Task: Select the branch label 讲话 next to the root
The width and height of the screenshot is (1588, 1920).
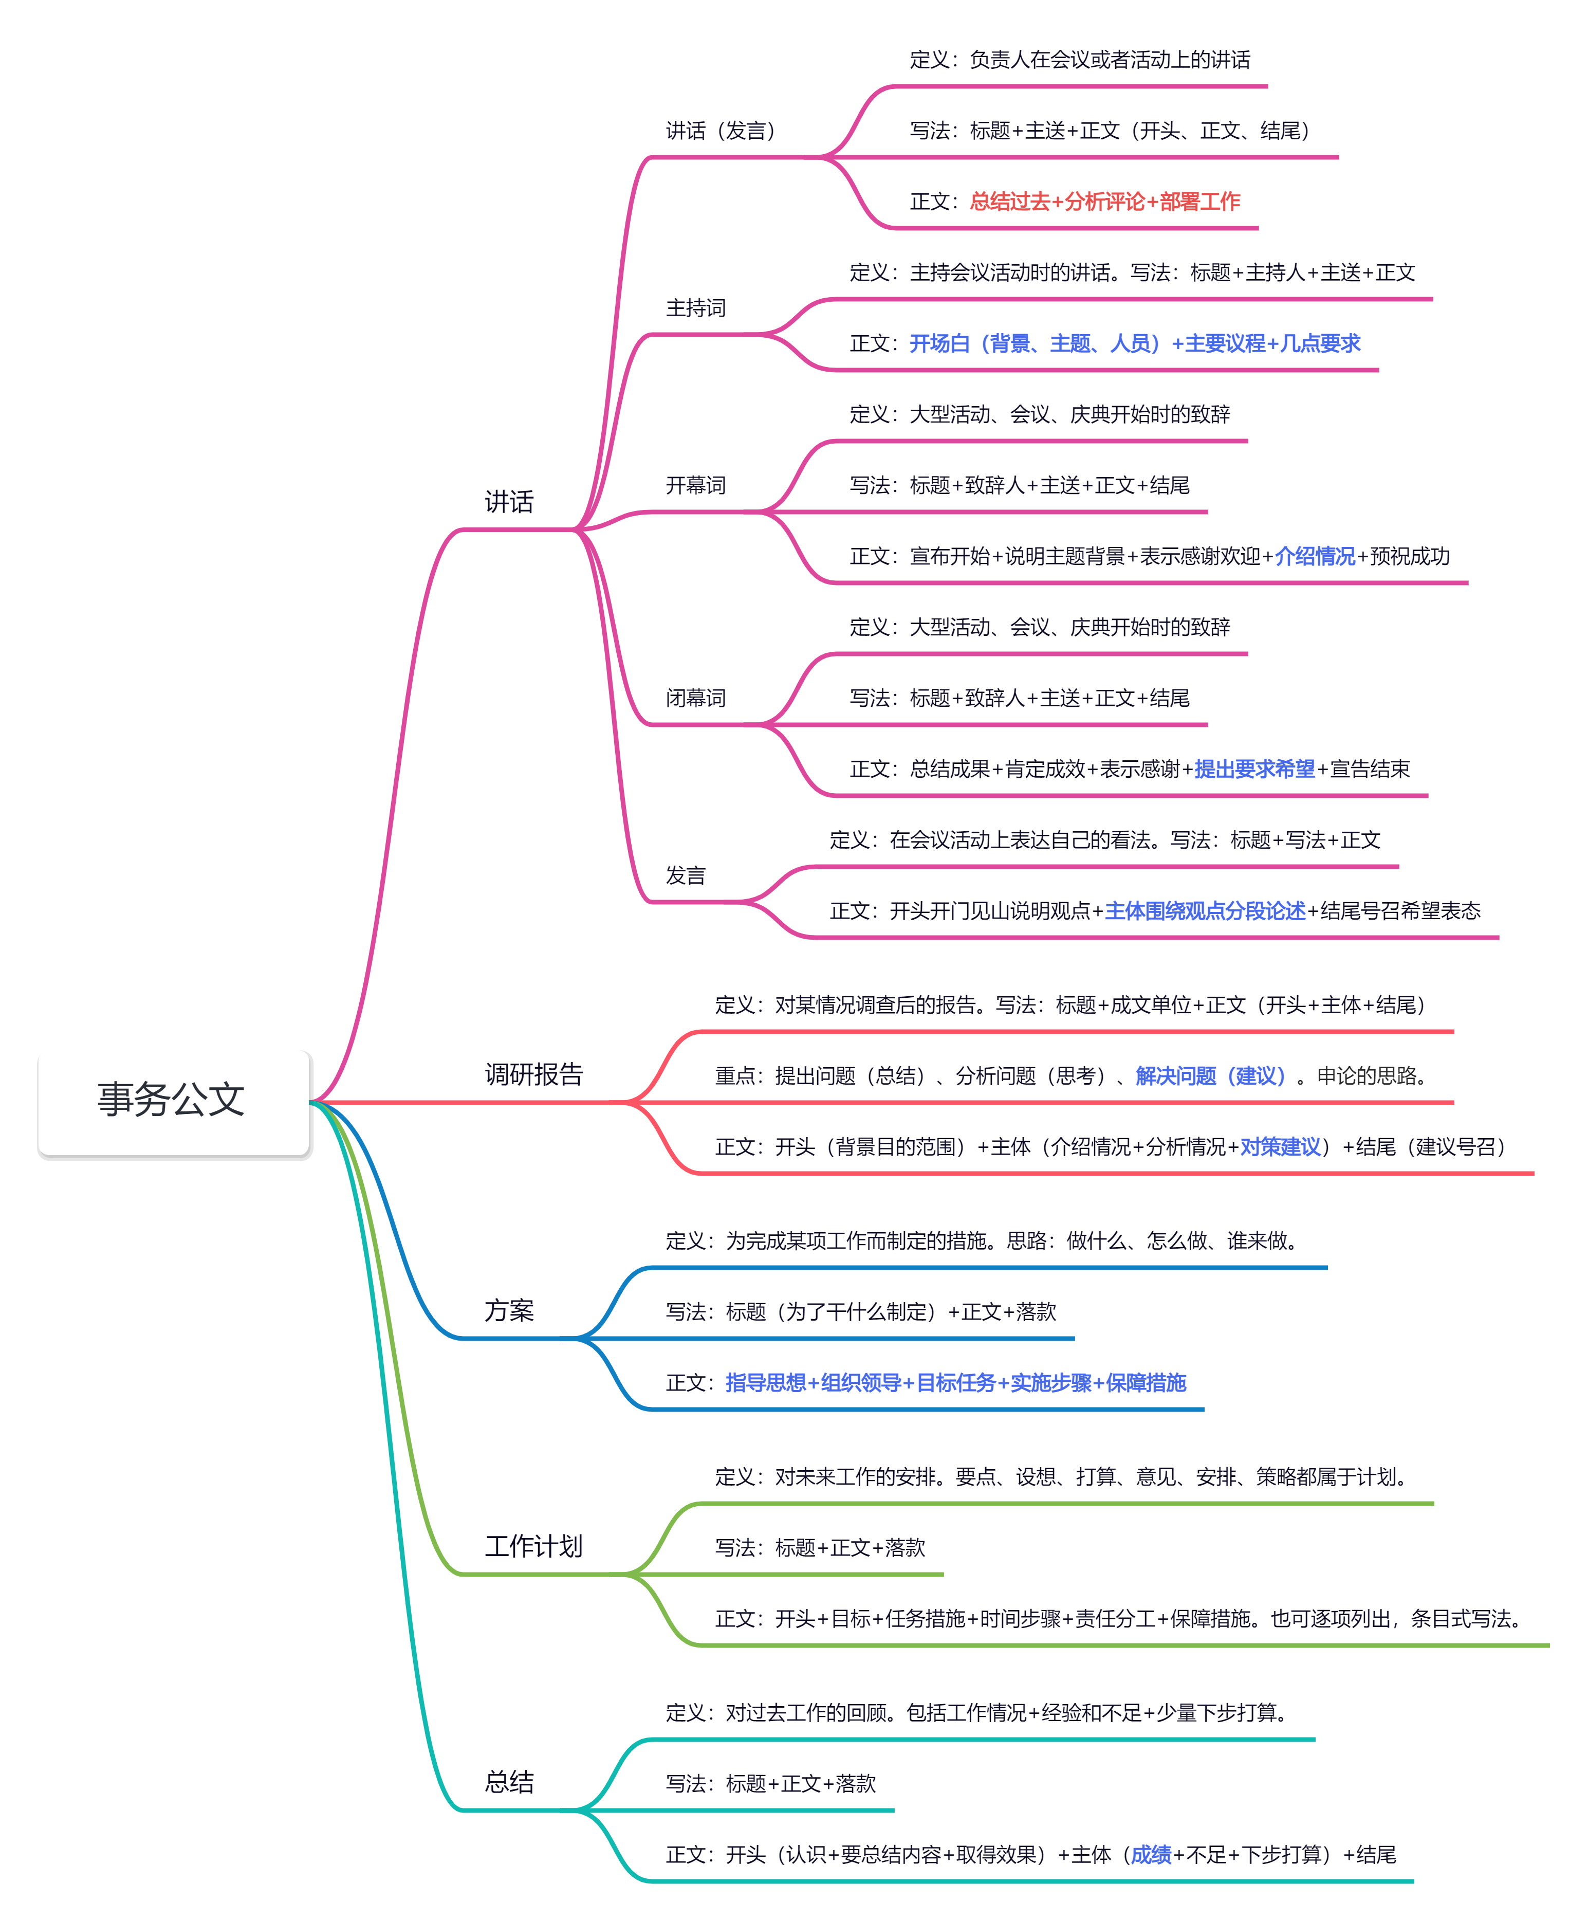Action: pyautogui.click(x=508, y=502)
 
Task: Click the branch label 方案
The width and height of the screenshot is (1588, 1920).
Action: pyautogui.click(x=508, y=1310)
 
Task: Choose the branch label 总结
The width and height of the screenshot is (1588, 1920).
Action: pyautogui.click(x=508, y=1782)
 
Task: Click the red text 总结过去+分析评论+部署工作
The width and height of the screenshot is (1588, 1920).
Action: pyautogui.click(x=1104, y=201)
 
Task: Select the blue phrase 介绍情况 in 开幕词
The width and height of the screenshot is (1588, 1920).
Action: pyautogui.click(x=1315, y=556)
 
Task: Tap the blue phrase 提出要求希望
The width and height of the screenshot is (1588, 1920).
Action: pyautogui.click(x=1254, y=769)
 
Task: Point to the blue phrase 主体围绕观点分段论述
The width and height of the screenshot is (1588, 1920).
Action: pyautogui.click(x=1205, y=910)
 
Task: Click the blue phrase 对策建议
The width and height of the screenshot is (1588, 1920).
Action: pyautogui.click(x=1280, y=1146)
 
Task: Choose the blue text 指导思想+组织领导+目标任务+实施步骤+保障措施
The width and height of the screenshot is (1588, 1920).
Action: pyautogui.click(x=955, y=1382)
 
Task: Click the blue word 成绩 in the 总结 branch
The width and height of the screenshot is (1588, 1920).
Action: pyautogui.click(x=1151, y=1854)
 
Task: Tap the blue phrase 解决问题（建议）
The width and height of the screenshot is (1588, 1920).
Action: pyautogui.click(x=1210, y=1076)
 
